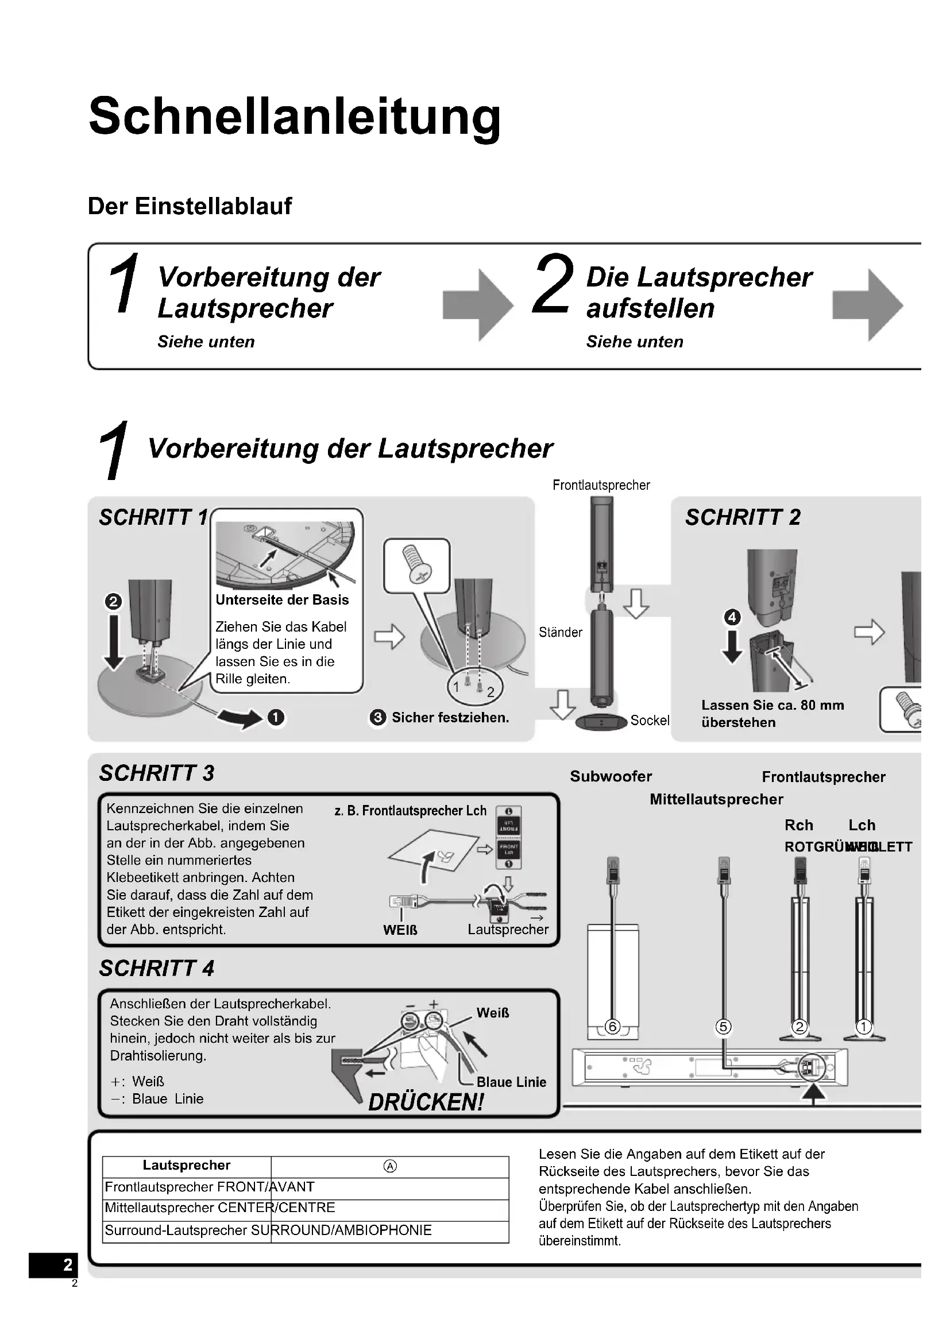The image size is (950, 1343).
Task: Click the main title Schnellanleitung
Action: pyautogui.click(x=294, y=116)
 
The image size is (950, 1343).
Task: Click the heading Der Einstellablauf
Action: pyautogui.click(x=190, y=207)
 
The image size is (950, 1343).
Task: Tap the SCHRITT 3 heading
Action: pyautogui.click(x=157, y=773)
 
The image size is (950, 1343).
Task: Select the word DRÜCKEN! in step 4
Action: pyautogui.click(x=426, y=1102)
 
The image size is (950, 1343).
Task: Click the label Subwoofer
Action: pyautogui.click(x=611, y=776)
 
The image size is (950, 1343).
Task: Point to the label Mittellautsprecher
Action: pyautogui.click(x=716, y=799)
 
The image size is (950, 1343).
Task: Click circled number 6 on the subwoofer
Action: pyautogui.click(x=612, y=1027)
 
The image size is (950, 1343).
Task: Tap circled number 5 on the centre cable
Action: pyautogui.click(x=724, y=1027)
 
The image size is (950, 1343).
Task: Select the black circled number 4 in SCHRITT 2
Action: pyautogui.click(x=732, y=617)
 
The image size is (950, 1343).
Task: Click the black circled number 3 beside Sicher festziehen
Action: pyautogui.click(x=378, y=718)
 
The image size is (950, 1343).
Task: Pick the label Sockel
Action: pyautogui.click(x=650, y=721)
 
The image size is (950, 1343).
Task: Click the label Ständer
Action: pyautogui.click(x=561, y=632)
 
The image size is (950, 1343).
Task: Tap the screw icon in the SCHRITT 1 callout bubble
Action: pyautogui.click(x=417, y=564)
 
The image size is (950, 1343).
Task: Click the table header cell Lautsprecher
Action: pyautogui.click(x=187, y=1165)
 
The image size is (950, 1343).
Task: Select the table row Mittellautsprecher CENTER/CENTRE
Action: pyautogui.click(x=220, y=1208)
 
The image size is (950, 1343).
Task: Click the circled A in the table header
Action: pyautogui.click(x=390, y=1166)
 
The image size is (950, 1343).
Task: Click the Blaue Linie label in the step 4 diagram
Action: pyautogui.click(x=511, y=1082)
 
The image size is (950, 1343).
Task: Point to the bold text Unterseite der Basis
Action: pyautogui.click(x=282, y=600)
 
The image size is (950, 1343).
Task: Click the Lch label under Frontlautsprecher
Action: pyautogui.click(x=862, y=825)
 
